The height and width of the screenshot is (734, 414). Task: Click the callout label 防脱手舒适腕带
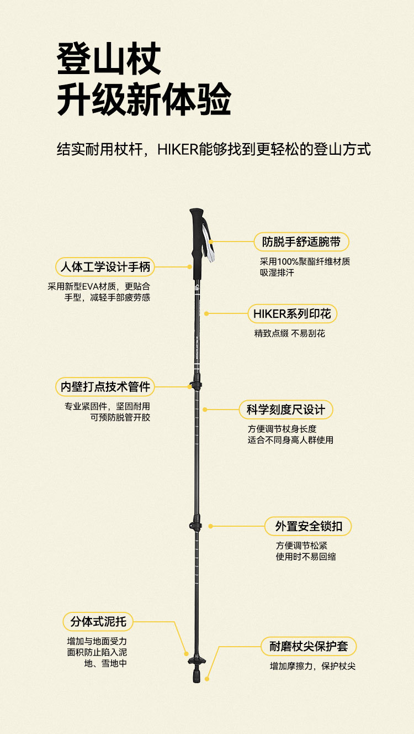[x=301, y=242]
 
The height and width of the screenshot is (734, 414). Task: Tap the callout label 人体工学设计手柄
[x=105, y=268]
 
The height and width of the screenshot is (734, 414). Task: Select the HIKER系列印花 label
[x=292, y=314]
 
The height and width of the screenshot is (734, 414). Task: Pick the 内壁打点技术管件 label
[x=105, y=386]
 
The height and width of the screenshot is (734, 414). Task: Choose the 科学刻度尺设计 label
[x=286, y=410]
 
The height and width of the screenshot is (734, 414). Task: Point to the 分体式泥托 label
[x=98, y=622]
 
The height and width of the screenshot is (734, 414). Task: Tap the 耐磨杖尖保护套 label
[x=309, y=646]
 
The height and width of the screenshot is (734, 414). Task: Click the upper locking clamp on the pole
[x=195, y=384]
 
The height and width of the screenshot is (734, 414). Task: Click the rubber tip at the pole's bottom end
[x=197, y=675]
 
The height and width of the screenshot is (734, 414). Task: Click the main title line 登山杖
[x=109, y=60]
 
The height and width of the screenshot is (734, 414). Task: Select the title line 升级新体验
[x=144, y=100]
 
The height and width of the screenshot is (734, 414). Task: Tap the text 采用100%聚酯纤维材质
[x=305, y=261]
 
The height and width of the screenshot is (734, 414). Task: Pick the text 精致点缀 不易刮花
[x=289, y=333]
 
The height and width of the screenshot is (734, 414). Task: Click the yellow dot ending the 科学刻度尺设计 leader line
[x=205, y=410]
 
